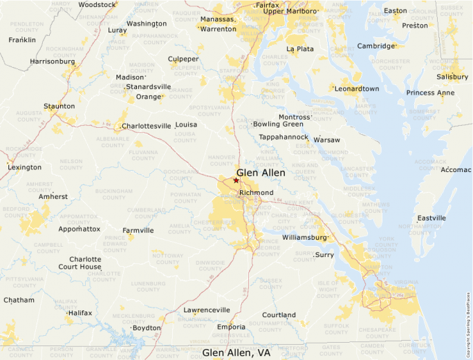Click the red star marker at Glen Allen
(236, 180)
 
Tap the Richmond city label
(256, 192)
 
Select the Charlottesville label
(146, 126)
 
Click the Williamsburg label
(304, 238)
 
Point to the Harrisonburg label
(53, 61)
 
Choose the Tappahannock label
(284, 137)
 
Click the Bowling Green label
(278, 124)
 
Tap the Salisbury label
(452, 77)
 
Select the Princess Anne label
(430, 93)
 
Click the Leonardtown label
(357, 88)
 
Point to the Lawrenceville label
(201, 310)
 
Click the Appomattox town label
(80, 229)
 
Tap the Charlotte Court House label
(80, 263)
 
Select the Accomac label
(456, 169)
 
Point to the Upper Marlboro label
(291, 11)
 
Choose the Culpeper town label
(183, 59)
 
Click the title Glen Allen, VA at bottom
(236, 352)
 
